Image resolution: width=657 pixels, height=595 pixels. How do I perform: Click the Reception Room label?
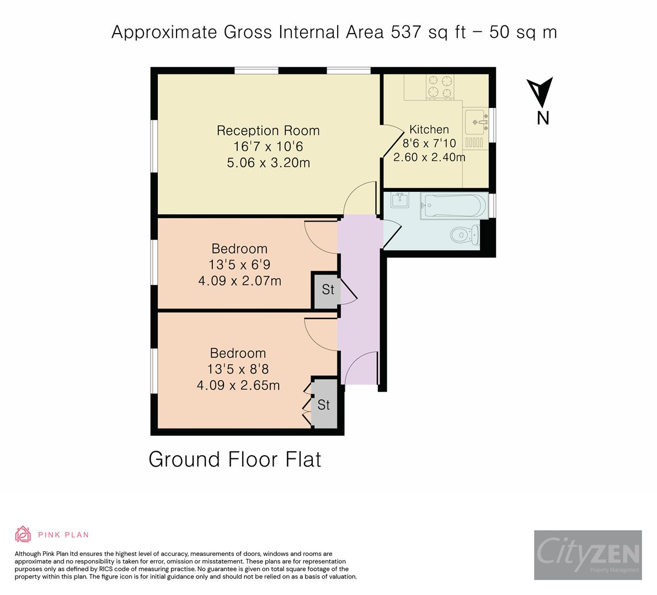[268, 131]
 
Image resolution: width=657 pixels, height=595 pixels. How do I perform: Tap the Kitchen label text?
[429, 129]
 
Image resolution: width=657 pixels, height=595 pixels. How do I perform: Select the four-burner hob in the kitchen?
[440, 86]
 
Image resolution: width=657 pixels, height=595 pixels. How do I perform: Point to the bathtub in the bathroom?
[455, 206]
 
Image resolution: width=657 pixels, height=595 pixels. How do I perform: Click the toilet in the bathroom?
[465, 235]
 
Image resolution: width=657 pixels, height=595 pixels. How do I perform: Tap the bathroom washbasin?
[400, 200]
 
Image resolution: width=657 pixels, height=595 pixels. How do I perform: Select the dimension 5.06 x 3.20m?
[269, 163]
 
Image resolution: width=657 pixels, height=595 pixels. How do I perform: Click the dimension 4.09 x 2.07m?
[239, 280]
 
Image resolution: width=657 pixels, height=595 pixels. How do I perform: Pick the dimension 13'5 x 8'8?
[238, 369]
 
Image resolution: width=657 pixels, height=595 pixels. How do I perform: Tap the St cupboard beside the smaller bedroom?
[327, 290]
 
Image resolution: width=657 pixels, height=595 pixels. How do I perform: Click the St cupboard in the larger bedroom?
[324, 404]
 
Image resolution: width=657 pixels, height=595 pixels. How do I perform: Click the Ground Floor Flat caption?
[234, 459]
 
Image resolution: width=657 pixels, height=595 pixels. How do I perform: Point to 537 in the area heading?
[406, 32]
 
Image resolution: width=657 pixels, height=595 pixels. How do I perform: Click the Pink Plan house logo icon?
[23, 534]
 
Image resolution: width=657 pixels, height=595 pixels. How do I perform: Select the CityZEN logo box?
[588, 555]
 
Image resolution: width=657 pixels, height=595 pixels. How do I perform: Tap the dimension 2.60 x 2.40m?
[429, 158]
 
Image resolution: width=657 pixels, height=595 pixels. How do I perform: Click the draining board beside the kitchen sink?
[474, 142]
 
